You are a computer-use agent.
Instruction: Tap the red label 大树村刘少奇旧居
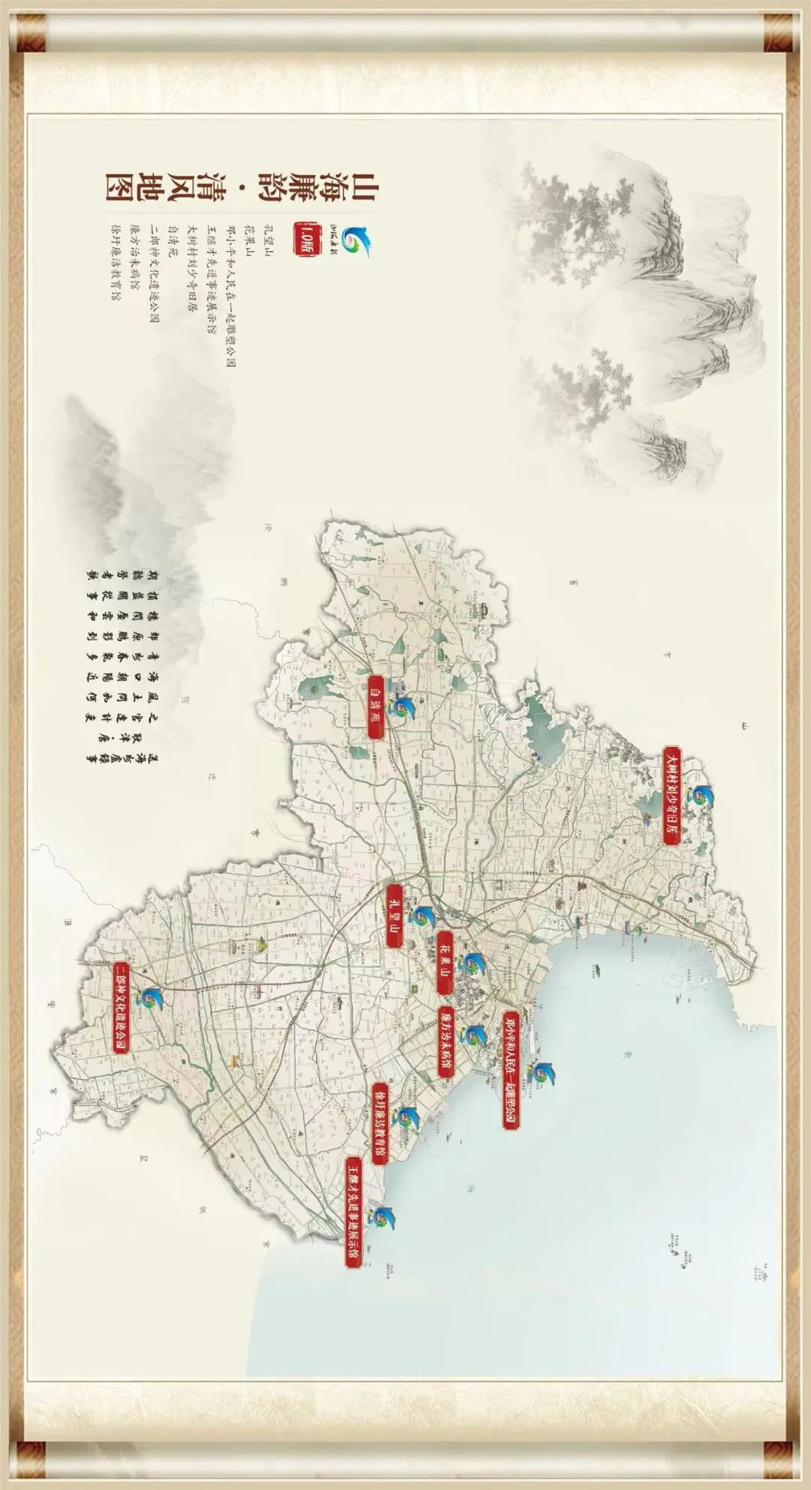672,796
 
